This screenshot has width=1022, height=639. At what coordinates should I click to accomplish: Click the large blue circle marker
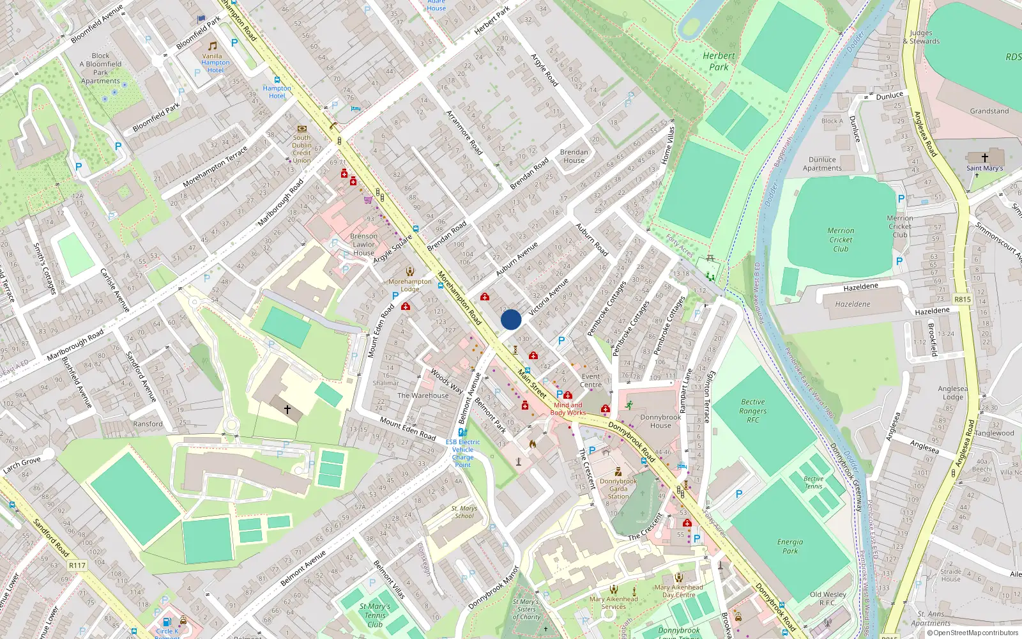[x=511, y=319]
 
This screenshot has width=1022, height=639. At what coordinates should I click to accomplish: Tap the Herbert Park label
[x=719, y=61]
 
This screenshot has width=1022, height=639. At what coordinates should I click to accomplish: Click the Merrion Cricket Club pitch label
[x=841, y=240]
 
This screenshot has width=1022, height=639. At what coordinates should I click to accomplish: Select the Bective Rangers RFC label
[x=753, y=411]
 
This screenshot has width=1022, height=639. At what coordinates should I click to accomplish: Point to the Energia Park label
[x=790, y=546]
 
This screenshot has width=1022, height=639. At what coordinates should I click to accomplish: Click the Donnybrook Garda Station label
[x=618, y=489]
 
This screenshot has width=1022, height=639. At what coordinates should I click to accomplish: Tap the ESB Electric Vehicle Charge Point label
[x=462, y=453]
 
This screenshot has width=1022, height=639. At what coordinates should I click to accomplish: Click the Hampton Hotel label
[x=277, y=92]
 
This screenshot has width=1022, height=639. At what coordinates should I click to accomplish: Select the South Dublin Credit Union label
[x=301, y=149]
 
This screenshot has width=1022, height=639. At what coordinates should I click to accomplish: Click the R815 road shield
[x=962, y=299]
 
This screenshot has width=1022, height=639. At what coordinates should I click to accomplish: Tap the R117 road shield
[x=77, y=565]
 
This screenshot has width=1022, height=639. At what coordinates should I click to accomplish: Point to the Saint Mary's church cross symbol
[x=984, y=157]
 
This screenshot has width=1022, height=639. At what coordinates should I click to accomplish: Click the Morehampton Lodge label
[x=410, y=285]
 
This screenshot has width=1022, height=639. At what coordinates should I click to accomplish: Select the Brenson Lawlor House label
[x=363, y=244]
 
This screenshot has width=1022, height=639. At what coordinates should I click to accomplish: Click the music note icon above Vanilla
[x=213, y=46]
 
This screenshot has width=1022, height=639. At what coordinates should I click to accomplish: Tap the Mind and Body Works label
[x=568, y=409]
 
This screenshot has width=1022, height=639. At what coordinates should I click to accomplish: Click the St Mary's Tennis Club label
[x=375, y=615]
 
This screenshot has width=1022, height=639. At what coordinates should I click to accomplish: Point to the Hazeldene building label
[x=853, y=304]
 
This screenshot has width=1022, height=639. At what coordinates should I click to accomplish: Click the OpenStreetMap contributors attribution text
[x=972, y=633]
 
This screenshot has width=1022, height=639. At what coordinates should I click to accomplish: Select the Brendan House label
[x=574, y=156]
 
